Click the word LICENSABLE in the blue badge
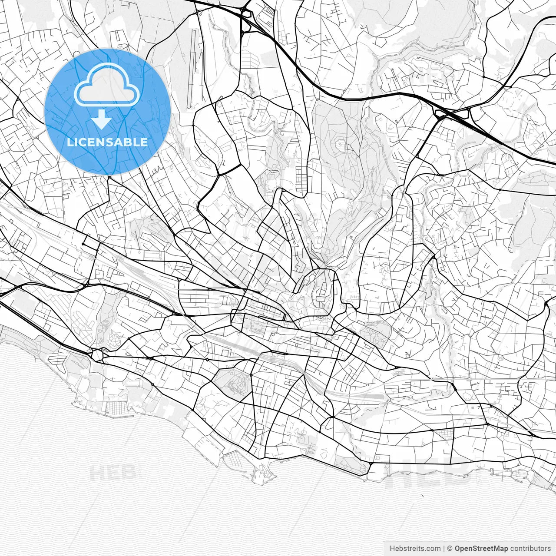[x=107, y=142]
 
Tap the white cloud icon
[x=107, y=85]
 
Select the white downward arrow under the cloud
[x=103, y=119]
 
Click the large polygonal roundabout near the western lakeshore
[x=97, y=354]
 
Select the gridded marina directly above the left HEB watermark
[x=116, y=408]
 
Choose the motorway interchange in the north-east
[x=452, y=114]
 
